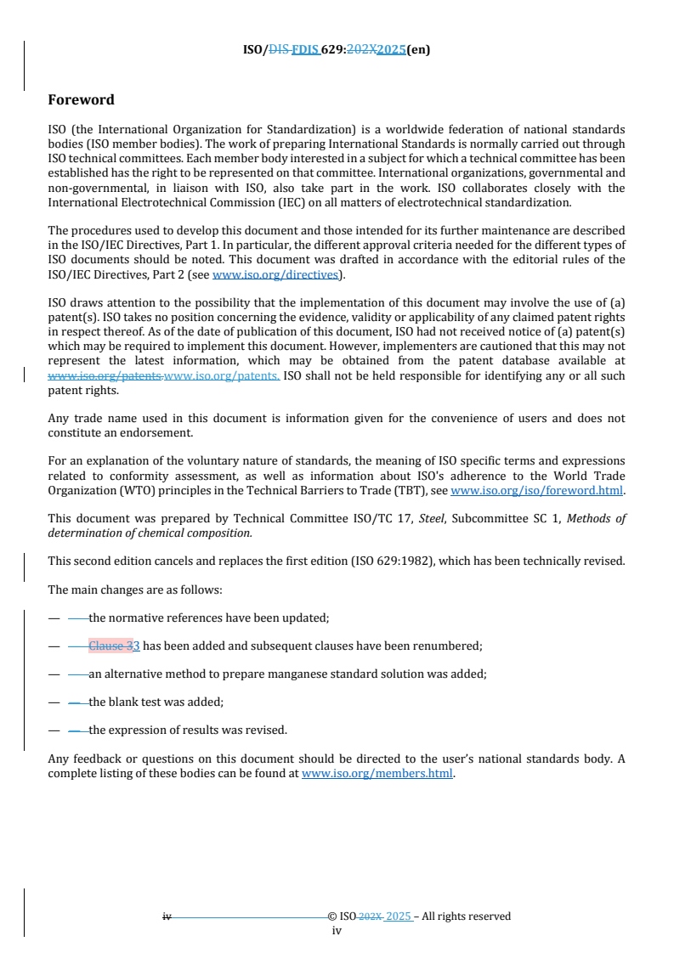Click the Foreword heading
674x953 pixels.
pos(81,100)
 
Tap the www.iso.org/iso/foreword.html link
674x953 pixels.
pos(537,490)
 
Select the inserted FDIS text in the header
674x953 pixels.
pos(305,49)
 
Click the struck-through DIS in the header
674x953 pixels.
pos(279,49)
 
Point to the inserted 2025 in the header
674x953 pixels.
pos(391,49)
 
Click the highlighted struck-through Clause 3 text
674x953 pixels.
pos(110,646)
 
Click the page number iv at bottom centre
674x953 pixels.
pos(337,931)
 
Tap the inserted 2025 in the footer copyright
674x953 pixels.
pos(398,916)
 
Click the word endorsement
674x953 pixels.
pos(156,432)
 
